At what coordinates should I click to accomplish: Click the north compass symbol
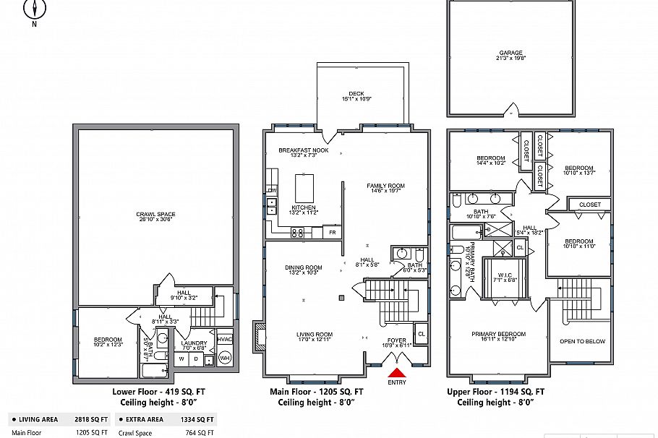coord(34,9)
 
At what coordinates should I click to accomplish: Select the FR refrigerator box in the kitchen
coord(333,233)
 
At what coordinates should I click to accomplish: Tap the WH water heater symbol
coord(224,358)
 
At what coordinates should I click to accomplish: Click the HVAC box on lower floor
coord(224,339)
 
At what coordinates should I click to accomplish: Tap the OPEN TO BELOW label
coord(582,341)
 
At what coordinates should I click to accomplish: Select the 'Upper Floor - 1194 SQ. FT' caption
coord(495,391)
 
